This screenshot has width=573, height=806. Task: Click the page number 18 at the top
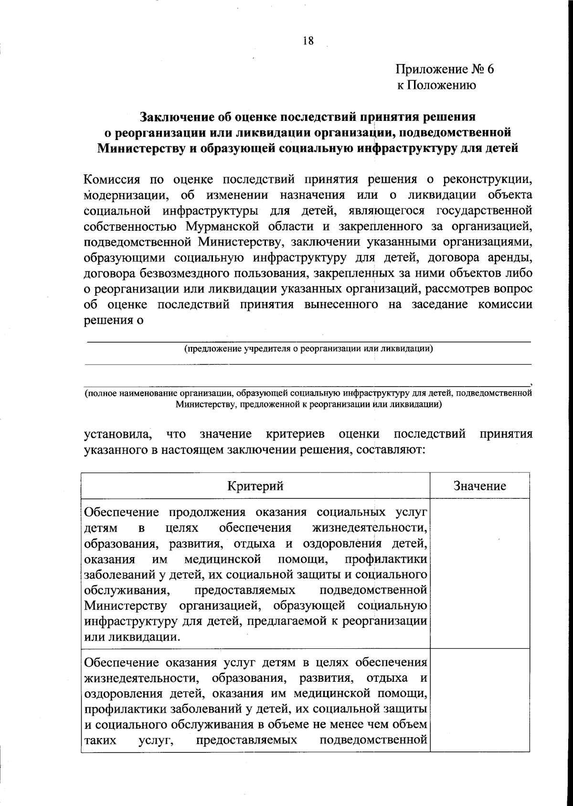click(x=308, y=41)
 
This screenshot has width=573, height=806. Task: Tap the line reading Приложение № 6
click(x=444, y=69)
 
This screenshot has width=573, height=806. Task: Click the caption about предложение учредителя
click(x=308, y=348)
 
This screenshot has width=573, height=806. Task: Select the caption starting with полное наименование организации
click(x=308, y=398)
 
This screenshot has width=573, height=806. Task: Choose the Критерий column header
click(x=255, y=486)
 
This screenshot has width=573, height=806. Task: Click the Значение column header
click(x=479, y=486)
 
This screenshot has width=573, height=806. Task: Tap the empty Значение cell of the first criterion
click(x=479, y=573)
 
